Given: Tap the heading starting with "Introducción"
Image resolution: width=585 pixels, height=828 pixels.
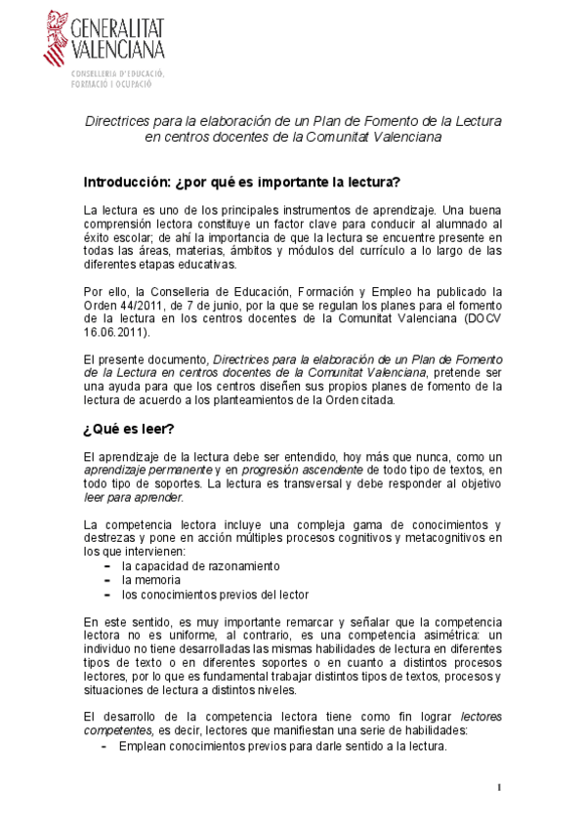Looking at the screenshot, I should pos(229,183).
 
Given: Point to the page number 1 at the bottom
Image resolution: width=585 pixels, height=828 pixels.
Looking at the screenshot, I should pos(498,788).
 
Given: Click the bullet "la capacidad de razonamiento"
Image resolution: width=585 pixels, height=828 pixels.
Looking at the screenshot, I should pos(200,565).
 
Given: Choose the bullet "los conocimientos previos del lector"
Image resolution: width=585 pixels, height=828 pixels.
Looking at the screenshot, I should pos(215,594).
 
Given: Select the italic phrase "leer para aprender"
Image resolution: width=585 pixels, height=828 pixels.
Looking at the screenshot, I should pos(133,497).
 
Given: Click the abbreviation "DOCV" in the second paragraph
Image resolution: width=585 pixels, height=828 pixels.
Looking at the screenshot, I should pos(470,317).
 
